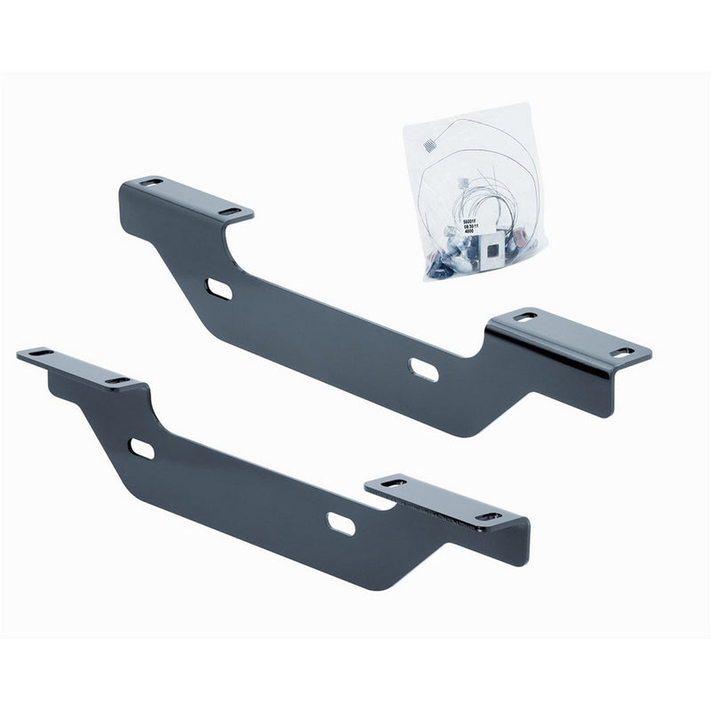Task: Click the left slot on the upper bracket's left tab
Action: tap(151, 182)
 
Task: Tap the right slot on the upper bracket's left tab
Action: tap(229, 212)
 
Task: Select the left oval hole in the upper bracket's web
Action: tap(219, 290)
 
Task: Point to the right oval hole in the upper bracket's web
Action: tap(423, 369)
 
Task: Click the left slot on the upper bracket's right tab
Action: tap(526, 316)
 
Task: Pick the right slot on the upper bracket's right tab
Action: tap(622, 352)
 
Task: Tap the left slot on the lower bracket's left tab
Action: tap(40, 353)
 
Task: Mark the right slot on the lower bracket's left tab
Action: tap(116, 380)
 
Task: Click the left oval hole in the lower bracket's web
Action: tap(141, 448)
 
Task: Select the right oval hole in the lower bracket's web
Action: tap(340, 524)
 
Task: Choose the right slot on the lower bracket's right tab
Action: tap(488, 516)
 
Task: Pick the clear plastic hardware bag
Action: tap(475, 196)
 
